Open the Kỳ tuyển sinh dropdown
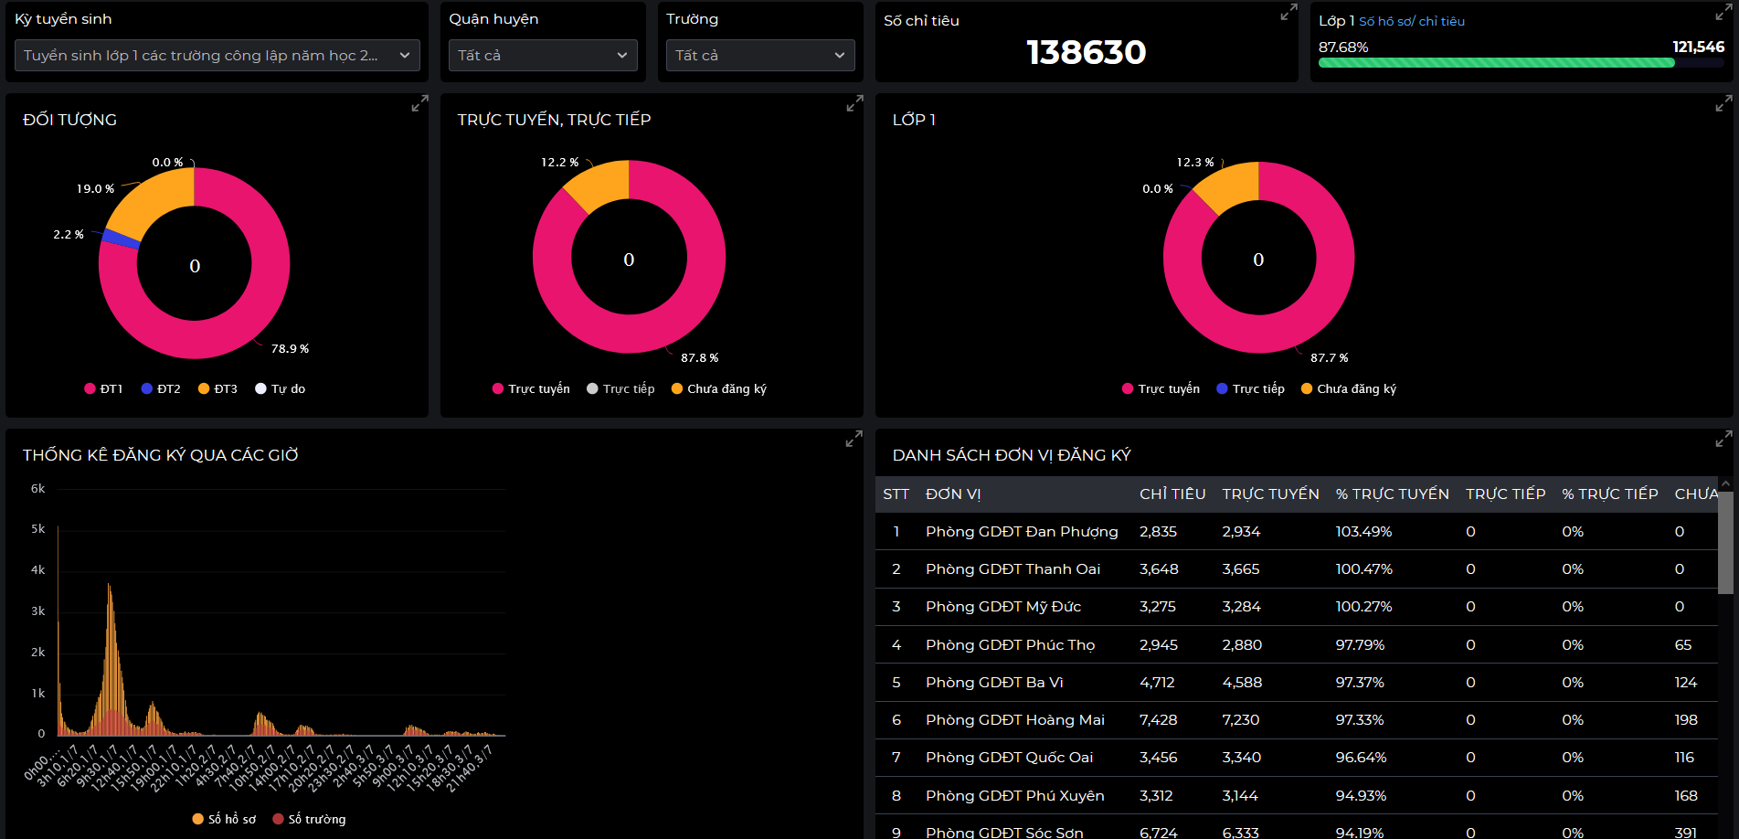point(217,56)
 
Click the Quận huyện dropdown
point(543,56)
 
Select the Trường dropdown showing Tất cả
point(760,56)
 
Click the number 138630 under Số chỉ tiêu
point(1086,52)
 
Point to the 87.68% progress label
point(1342,48)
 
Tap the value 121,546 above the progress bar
point(1698,47)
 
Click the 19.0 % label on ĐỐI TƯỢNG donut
point(95,189)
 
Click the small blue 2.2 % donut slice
point(121,239)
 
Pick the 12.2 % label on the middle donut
point(559,163)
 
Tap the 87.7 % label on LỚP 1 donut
point(1329,358)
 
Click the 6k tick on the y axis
point(37,489)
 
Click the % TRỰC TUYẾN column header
point(1392,494)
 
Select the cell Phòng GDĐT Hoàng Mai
point(1014,720)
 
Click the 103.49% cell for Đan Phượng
point(1363,532)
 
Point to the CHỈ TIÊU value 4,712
point(1156,683)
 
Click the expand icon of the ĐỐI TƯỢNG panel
point(419,104)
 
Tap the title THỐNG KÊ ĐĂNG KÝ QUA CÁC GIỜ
point(161,455)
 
